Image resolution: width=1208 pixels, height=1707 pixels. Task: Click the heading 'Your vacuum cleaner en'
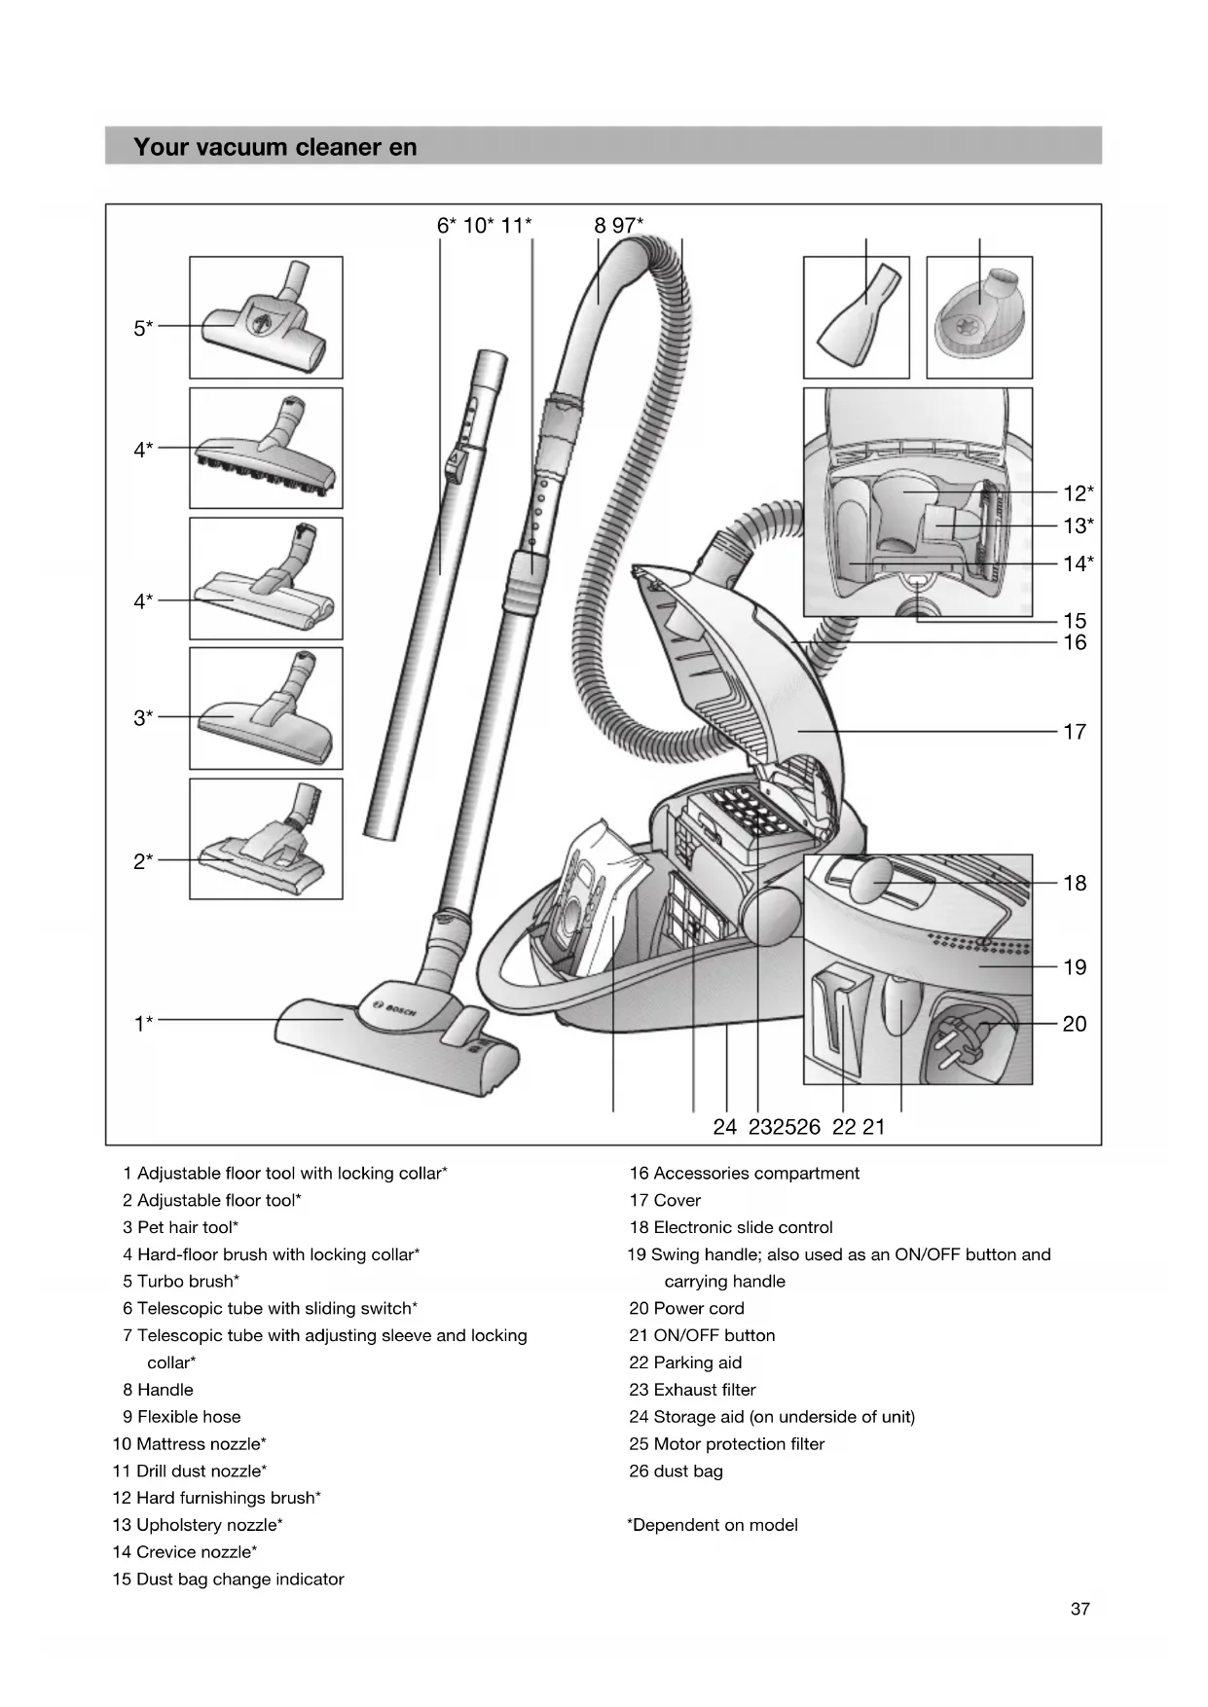(275, 147)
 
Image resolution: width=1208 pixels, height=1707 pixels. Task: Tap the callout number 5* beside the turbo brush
(143, 328)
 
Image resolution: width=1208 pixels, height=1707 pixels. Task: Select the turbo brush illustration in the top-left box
(266, 317)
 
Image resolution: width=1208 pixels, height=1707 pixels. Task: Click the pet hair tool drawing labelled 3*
(266, 708)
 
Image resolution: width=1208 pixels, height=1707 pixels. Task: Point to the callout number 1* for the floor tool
(143, 1023)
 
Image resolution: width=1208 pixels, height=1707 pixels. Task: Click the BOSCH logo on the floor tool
(395, 1010)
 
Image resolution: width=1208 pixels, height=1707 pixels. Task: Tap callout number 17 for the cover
(1074, 732)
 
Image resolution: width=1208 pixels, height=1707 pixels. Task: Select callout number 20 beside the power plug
(1074, 1024)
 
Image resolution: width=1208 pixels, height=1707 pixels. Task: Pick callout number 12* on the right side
(1078, 493)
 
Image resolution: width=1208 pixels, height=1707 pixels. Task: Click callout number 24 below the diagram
(724, 1127)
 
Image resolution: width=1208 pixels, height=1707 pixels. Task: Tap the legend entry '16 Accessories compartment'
(744, 1174)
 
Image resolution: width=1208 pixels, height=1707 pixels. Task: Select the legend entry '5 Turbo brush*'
(181, 1282)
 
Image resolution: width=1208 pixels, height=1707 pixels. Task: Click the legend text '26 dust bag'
(676, 1471)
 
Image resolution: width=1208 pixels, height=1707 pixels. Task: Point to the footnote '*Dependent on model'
(713, 1525)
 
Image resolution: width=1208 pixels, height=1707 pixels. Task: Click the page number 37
(1080, 1610)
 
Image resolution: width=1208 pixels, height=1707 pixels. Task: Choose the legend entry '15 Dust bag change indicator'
(228, 1580)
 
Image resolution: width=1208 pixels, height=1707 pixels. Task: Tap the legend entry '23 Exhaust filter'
(692, 1390)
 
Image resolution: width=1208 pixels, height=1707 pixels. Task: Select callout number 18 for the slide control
(1074, 884)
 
